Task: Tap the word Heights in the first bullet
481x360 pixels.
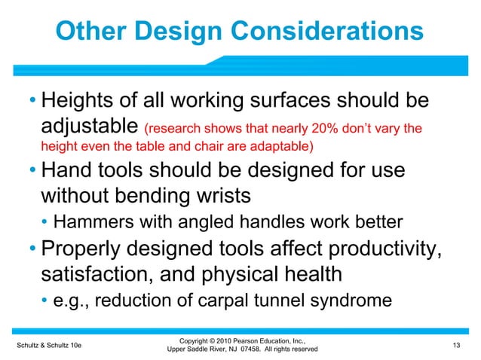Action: [x=85, y=100]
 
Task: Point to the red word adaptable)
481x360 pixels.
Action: [x=271, y=145]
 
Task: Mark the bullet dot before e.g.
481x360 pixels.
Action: [x=45, y=301]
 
